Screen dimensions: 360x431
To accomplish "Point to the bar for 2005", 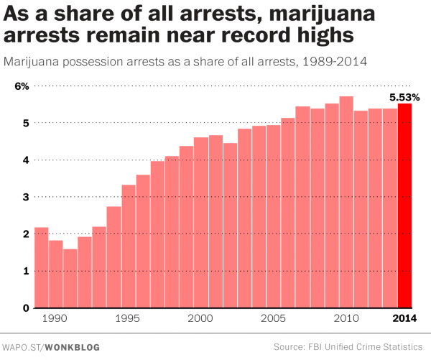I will (x=274, y=216).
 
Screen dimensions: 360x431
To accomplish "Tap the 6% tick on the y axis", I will (x=22, y=86).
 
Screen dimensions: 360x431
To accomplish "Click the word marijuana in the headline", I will (x=297, y=14).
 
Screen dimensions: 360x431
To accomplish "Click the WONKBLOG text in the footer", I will (x=75, y=346).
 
